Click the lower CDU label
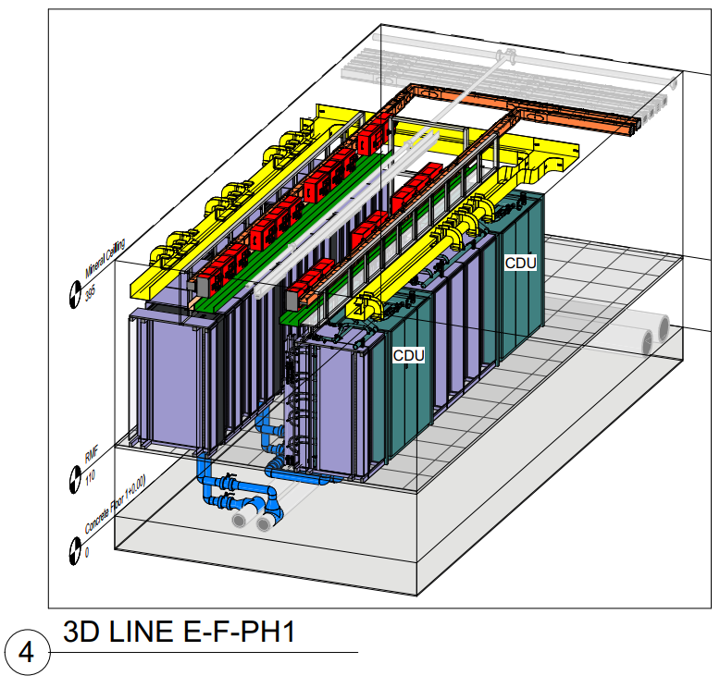click(x=408, y=355)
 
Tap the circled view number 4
click(x=25, y=653)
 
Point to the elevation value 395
click(x=90, y=295)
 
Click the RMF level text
click(x=90, y=455)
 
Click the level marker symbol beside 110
click(x=73, y=479)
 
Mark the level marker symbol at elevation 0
click(x=73, y=552)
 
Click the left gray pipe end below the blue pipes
click(x=239, y=521)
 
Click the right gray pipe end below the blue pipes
click(x=264, y=523)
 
